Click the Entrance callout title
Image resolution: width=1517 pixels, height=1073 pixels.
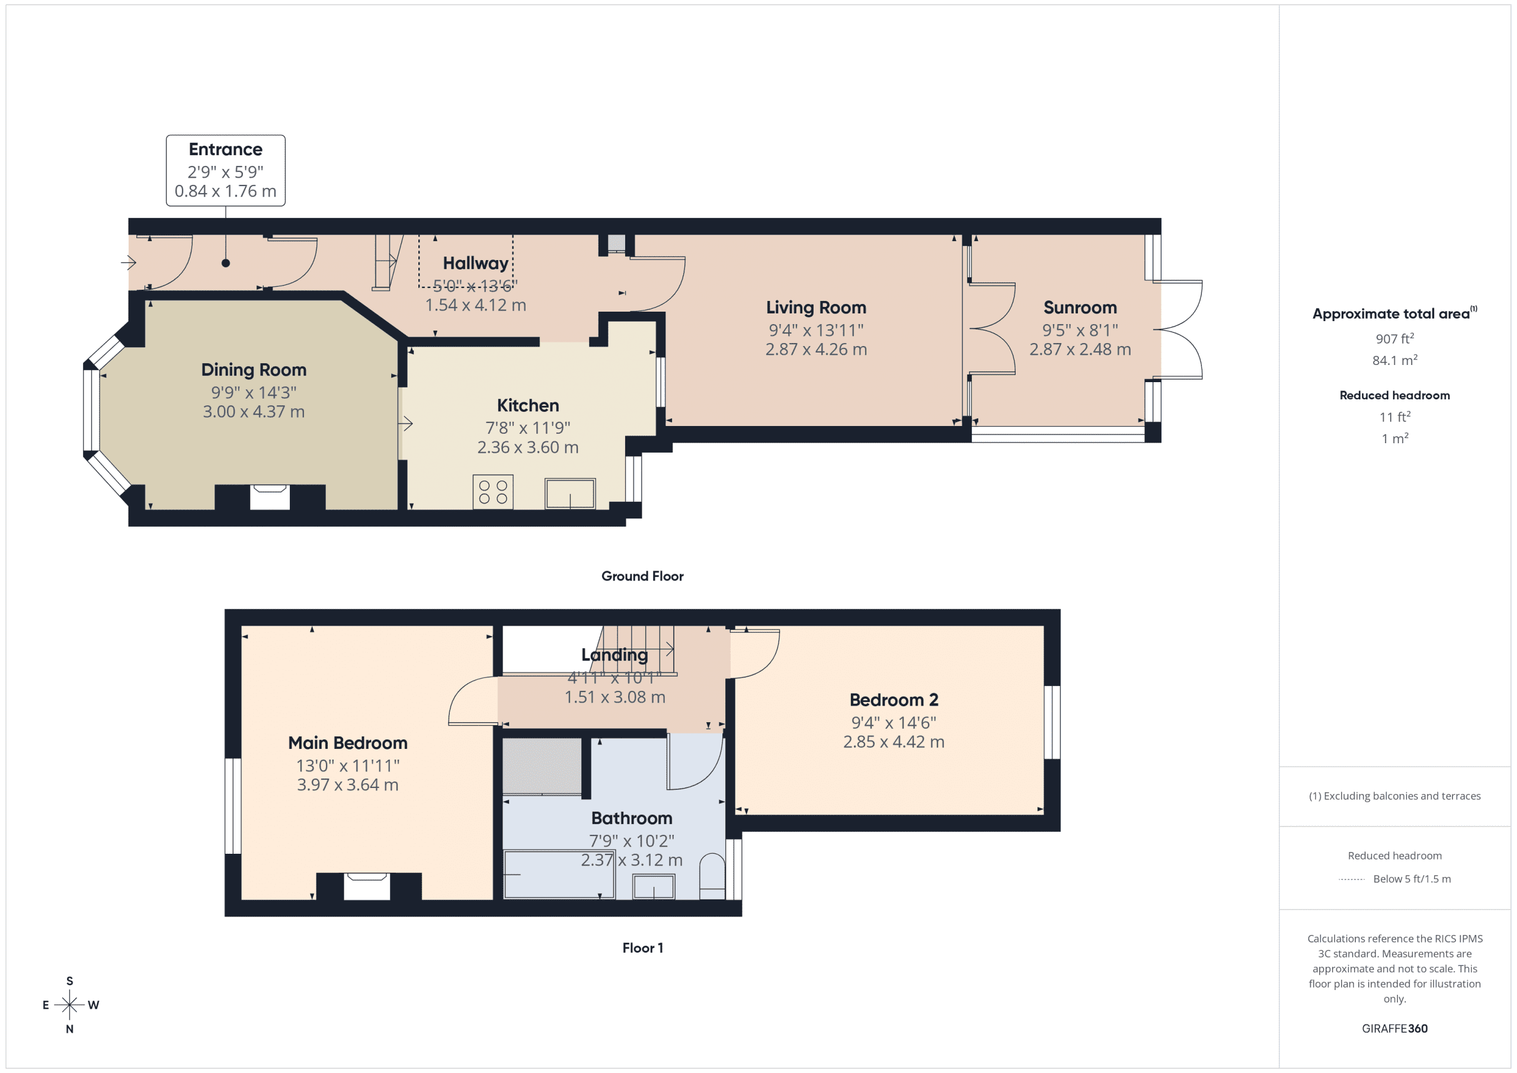click(225, 149)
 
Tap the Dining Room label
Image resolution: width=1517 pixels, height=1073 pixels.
click(254, 370)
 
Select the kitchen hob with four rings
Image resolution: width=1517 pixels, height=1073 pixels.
click(493, 492)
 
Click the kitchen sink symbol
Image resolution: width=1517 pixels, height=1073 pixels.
click(569, 494)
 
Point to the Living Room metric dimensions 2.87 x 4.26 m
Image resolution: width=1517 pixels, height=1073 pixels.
click(816, 350)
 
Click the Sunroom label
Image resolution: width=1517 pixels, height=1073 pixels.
click(1080, 308)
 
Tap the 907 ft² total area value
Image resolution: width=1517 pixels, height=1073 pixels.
click(1394, 339)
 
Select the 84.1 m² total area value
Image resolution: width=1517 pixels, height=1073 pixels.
click(1394, 361)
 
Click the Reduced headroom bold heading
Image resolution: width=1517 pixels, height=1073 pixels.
click(1394, 396)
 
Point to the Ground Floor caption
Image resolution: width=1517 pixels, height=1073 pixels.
click(642, 576)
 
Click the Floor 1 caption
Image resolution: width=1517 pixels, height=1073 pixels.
click(642, 948)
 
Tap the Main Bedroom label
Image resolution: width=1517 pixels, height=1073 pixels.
click(347, 744)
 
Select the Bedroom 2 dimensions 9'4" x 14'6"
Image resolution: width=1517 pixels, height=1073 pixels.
click(893, 723)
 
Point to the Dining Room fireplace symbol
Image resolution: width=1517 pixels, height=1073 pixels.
click(270, 497)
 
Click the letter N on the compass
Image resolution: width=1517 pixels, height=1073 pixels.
click(69, 1029)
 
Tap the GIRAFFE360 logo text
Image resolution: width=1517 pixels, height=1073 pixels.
click(1394, 1029)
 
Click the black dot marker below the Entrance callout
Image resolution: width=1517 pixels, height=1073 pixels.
click(225, 263)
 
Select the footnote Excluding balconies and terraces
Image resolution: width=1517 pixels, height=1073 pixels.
click(1394, 796)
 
